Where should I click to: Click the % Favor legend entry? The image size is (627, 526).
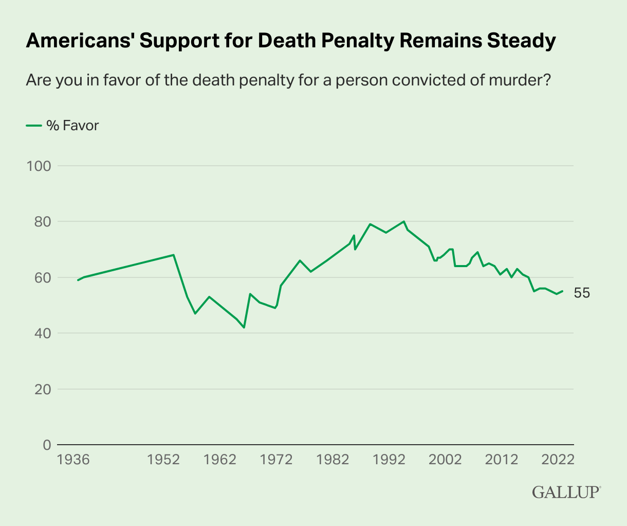click(62, 126)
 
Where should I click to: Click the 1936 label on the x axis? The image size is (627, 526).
click(73, 460)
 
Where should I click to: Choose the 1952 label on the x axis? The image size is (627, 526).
click(163, 460)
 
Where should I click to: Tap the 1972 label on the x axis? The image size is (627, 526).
click(276, 460)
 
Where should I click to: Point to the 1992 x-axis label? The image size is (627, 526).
click(390, 460)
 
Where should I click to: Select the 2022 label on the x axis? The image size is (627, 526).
click(558, 460)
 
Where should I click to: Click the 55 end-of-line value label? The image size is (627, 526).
click(582, 293)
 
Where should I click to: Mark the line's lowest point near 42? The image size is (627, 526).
click(244, 328)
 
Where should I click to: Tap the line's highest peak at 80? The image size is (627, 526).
click(404, 221)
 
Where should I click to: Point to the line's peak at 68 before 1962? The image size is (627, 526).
click(174, 255)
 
